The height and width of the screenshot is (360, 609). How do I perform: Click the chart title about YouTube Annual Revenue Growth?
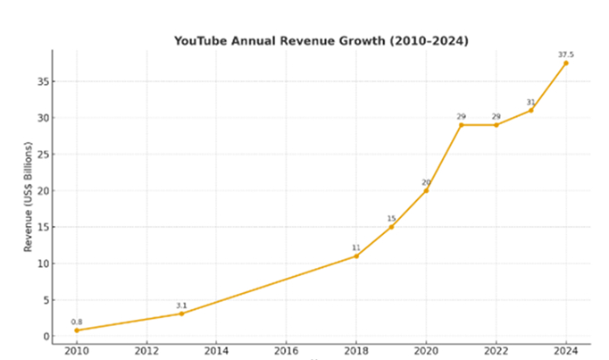pyautogui.click(x=321, y=41)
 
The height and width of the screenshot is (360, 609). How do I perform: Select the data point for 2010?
pyautogui.click(x=76, y=331)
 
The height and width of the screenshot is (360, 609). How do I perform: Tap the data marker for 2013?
pyautogui.click(x=181, y=314)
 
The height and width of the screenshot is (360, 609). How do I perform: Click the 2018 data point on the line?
pyautogui.click(x=356, y=256)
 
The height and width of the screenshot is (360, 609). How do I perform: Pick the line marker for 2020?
pyautogui.click(x=426, y=190)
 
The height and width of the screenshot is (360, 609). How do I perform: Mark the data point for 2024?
pyautogui.click(x=566, y=63)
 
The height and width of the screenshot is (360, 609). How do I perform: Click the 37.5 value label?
pyautogui.click(x=565, y=54)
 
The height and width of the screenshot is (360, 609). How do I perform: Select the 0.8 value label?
pyautogui.click(x=76, y=322)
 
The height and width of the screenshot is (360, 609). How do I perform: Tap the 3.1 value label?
pyautogui.click(x=181, y=305)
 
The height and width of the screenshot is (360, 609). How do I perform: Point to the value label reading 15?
pyautogui.click(x=391, y=218)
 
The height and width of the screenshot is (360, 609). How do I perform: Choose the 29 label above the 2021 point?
pyautogui.click(x=461, y=116)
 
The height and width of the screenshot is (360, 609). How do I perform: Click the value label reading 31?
pyautogui.click(x=530, y=101)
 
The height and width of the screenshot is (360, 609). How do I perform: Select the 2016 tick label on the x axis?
pyautogui.click(x=286, y=351)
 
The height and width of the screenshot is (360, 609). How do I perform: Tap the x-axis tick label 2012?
pyautogui.click(x=146, y=351)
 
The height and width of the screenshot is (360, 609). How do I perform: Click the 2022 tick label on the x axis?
pyautogui.click(x=496, y=351)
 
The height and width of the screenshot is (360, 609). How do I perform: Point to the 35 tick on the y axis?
pyautogui.click(x=41, y=81)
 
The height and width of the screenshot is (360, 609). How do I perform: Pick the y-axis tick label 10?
pyautogui.click(x=41, y=264)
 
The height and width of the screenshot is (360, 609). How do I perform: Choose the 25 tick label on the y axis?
pyautogui.click(x=41, y=155)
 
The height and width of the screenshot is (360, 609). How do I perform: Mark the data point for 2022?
pyautogui.click(x=496, y=125)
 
